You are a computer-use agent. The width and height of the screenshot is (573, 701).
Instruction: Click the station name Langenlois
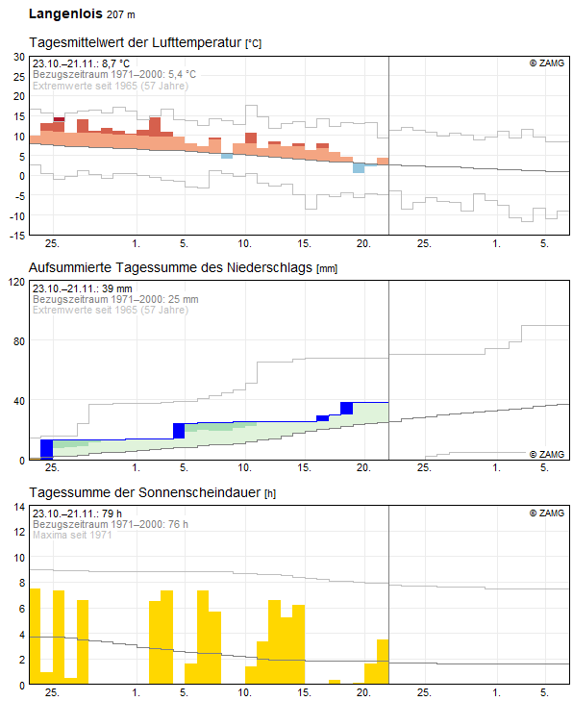65,13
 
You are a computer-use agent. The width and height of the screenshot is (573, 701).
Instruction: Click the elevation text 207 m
121,14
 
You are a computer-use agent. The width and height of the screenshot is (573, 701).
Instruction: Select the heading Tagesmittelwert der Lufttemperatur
135,42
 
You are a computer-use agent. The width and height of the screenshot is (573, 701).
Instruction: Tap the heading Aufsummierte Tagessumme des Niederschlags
170,267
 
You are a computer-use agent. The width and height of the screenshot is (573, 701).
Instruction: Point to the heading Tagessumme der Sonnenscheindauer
145,492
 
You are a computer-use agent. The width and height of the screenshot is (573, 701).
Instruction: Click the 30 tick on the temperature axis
19,57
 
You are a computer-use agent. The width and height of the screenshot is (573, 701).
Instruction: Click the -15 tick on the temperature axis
17,236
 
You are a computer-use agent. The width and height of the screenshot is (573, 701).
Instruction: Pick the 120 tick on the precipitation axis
16,282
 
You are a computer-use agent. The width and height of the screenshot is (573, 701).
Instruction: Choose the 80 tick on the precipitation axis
19,341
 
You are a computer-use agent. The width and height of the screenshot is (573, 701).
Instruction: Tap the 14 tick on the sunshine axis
19,507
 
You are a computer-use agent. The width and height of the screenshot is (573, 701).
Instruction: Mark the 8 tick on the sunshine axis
21,583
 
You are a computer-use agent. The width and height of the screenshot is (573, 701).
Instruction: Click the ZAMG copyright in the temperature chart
547,63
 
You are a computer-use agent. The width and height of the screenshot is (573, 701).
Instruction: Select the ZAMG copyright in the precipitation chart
547,454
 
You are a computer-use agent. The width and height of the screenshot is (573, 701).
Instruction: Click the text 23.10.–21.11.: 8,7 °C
81,63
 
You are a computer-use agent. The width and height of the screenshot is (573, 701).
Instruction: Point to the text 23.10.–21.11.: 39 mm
83,288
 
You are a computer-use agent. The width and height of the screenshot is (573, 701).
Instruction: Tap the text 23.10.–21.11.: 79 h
77,513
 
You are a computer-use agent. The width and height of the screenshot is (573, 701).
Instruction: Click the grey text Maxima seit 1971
72,535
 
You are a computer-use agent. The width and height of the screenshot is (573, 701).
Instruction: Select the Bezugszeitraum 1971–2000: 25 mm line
115,299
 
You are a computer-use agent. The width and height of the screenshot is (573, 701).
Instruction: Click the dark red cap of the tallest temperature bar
59,119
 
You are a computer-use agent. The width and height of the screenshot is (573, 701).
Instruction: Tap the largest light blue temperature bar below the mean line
359,168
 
